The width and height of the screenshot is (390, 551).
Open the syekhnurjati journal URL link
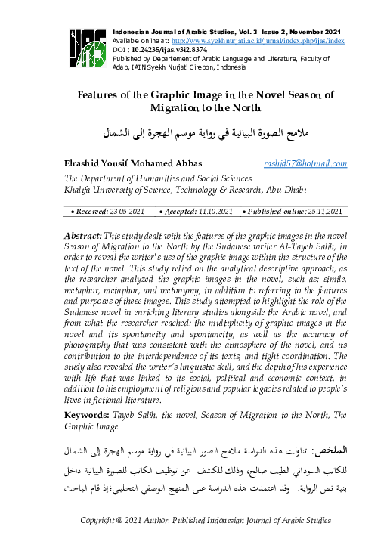258,39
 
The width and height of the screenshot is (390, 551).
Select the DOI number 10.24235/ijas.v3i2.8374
175,48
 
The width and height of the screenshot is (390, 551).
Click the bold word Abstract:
83,237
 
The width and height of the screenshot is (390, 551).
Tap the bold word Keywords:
87,416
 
